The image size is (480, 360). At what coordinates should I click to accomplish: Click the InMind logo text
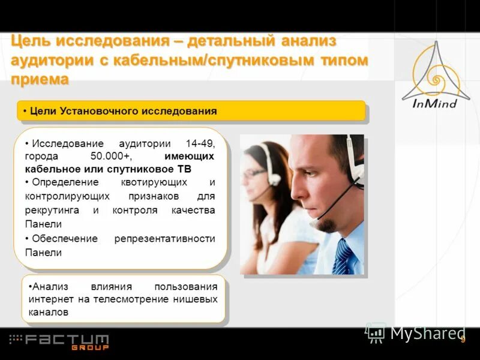[x=435, y=103]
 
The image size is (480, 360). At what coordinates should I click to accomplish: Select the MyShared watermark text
[x=427, y=333]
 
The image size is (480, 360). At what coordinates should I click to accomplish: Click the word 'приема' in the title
[x=40, y=79]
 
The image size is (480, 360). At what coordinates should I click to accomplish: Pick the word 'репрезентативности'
[x=164, y=239]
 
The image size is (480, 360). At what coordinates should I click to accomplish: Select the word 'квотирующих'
[x=152, y=182]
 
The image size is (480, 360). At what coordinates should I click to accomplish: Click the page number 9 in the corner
[x=463, y=340]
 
